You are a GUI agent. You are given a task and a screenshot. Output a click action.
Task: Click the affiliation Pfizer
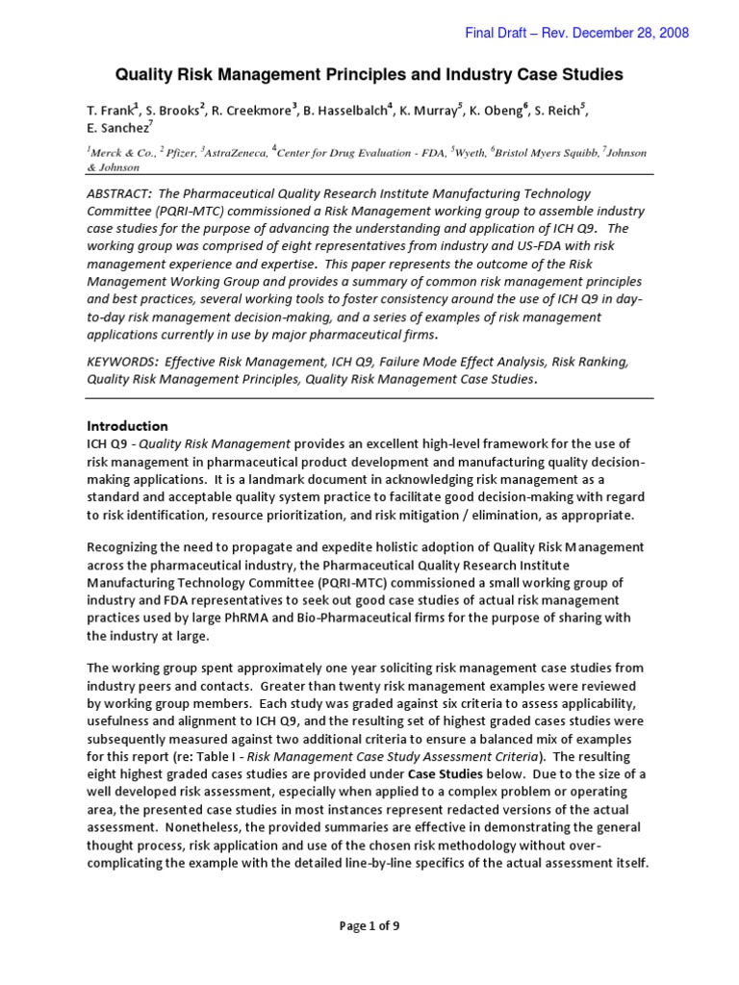[x=180, y=152]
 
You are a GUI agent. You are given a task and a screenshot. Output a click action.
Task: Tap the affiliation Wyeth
[x=464, y=152]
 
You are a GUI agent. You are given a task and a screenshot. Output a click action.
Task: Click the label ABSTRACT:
[x=123, y=194]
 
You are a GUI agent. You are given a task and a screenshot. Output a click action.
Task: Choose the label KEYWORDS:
[x=122, y=362]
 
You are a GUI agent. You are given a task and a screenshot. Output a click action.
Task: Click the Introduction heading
[x=128, y=426]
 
